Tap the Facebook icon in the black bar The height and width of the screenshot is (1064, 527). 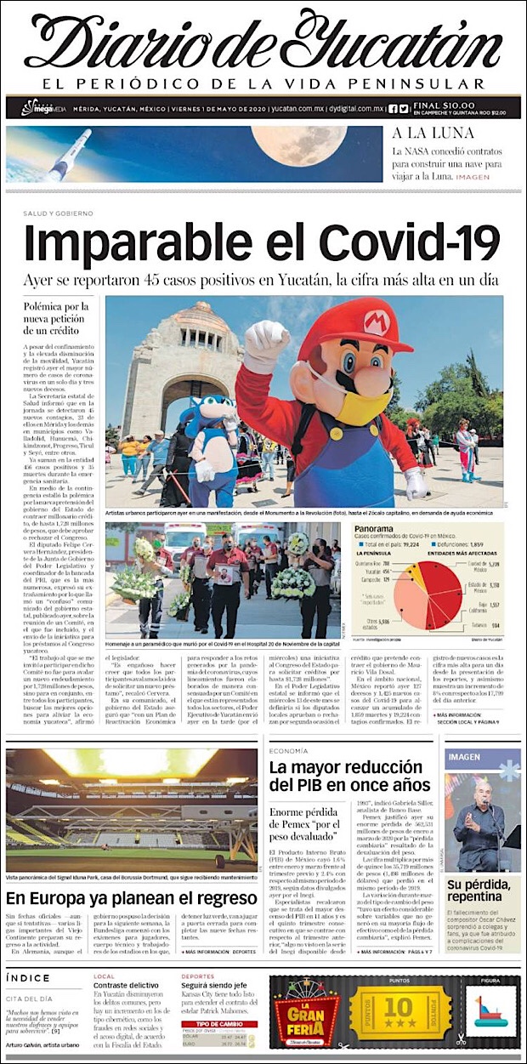pos(393,108)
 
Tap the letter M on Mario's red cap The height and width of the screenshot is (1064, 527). pos(375,321)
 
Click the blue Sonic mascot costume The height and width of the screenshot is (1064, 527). pos(209,434)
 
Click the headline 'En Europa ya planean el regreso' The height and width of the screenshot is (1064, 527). pos(132,899)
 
